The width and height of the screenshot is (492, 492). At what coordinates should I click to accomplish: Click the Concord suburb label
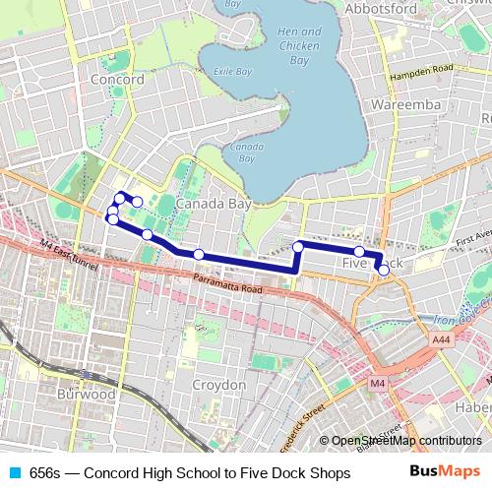point(116,80)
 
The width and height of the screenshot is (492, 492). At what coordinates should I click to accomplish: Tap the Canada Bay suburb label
point(214,204)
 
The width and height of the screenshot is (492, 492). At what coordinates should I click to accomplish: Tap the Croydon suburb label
point(219,384)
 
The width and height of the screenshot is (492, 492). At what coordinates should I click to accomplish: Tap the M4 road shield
point(379,384)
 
